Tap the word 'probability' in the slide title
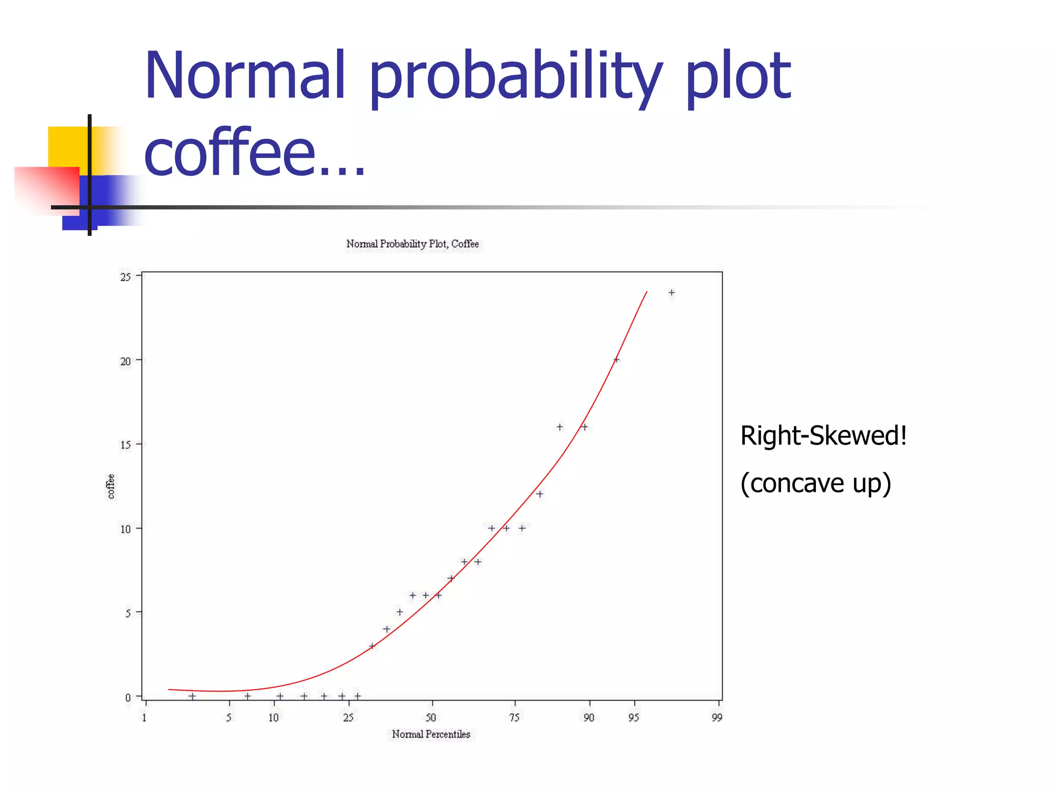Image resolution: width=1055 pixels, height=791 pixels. [x=515, y=77]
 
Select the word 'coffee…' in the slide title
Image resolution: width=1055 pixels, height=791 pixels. [x=254, y=153]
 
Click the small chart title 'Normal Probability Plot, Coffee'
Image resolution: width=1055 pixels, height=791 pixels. [x=412, y=244]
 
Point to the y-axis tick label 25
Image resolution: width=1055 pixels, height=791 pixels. [x=125, y=277]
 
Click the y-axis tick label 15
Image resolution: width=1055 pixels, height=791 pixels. [x=125, y=445]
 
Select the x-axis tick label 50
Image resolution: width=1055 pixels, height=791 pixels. [x=431, y=717]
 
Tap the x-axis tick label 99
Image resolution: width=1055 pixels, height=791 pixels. [x=717, y=717]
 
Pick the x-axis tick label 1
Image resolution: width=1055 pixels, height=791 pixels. [x=144, y=717]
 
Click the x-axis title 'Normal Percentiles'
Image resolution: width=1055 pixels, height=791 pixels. [x=431, y=734]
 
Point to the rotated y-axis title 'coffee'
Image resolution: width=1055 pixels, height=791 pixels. [x=110, y=487]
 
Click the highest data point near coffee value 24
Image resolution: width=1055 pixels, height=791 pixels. [x=671, y=293]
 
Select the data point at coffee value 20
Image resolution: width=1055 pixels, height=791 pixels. [x=616, y=360]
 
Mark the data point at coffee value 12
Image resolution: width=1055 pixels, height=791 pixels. [x=539, y=494]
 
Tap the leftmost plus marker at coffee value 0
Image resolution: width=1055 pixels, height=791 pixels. [x=192, y=696]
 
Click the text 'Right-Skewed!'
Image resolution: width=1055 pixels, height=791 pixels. [x=823, y=436]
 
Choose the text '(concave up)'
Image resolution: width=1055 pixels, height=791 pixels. [x=815, y=483]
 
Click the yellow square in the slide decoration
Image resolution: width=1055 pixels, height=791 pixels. [x=67, y=147]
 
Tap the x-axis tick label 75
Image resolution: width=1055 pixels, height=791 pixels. [x=514, y=717]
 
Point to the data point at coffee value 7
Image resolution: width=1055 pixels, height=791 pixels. [x=451, y=578]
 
